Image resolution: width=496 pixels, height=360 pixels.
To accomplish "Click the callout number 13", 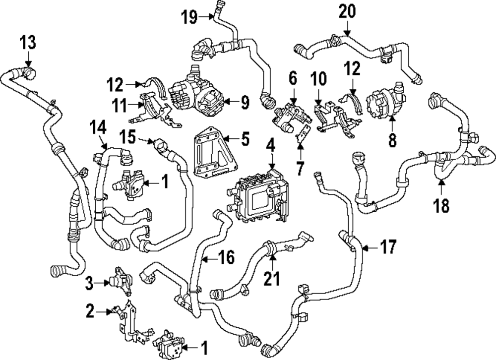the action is click(x=28, y=42).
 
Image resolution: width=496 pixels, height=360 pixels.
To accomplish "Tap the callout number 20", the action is click(x=347, y=11).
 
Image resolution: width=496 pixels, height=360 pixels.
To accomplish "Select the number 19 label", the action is click(x=189, y=17).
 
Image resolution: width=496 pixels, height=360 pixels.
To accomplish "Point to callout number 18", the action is click(x=441, y=205).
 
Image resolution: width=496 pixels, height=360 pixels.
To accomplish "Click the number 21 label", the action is click(x=272, y=278).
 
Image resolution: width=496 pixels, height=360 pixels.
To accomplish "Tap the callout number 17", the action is click(x=388, y=247).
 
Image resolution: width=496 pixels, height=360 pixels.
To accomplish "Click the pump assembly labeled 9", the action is click(x=196, y=92).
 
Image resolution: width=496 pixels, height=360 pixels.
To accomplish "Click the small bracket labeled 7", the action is click(x=303, y=134).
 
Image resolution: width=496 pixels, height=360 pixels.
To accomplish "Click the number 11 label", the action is click(x=120, y=105).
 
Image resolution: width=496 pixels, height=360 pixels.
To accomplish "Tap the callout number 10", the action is click(x=318, y=78).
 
